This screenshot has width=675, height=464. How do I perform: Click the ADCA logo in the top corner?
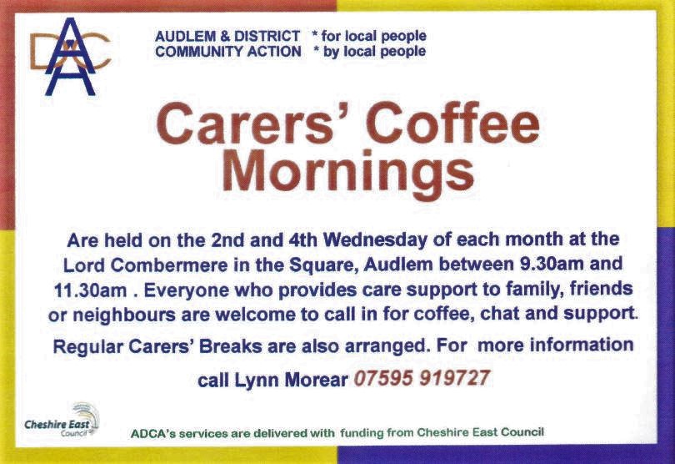70,56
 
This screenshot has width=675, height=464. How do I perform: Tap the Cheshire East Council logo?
62,421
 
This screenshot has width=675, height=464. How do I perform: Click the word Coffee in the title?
452,124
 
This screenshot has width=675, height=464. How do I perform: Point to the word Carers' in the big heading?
254,124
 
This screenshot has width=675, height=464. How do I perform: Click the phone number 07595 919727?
422,378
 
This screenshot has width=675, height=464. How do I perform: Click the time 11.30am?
90,290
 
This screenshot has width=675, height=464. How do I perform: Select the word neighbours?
124,315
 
